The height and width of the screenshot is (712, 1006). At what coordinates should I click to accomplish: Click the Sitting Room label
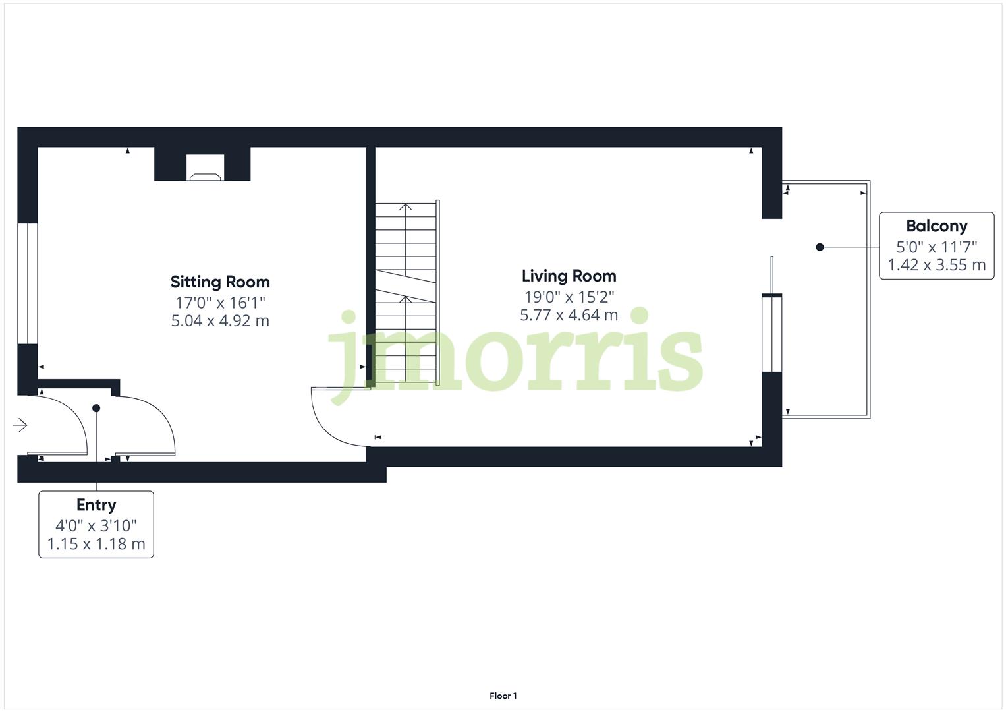[220, 282]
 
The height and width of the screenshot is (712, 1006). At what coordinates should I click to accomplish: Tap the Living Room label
[569, 276]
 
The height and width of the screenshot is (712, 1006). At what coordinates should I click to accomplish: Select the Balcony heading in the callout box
[936, 226]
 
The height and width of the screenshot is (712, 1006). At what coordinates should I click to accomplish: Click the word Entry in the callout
[96, 505]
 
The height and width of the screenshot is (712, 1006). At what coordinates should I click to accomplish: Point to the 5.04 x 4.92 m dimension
[220, 321]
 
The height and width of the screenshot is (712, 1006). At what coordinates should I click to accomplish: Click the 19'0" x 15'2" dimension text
[569, 297]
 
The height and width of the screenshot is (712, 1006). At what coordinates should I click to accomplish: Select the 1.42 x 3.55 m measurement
[936, 265]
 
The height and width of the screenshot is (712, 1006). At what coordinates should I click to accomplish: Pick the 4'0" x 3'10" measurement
[96, 525]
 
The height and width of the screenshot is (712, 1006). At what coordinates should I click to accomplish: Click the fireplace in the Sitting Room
[205, 168]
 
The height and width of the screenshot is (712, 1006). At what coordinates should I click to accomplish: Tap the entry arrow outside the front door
[20, 425]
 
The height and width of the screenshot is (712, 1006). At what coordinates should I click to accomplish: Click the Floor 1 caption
[503, 696]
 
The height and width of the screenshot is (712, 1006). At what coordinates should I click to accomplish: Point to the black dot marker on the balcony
[820, 247]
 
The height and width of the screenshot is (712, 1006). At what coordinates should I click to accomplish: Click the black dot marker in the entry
[96, 409]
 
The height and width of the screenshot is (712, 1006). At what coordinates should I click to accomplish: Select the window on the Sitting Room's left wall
[27, 283]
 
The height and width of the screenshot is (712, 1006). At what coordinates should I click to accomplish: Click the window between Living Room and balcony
[771, 333]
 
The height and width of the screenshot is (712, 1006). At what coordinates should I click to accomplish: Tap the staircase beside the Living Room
[406, 293]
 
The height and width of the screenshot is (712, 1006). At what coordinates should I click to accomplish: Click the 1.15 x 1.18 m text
[96, 545]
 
